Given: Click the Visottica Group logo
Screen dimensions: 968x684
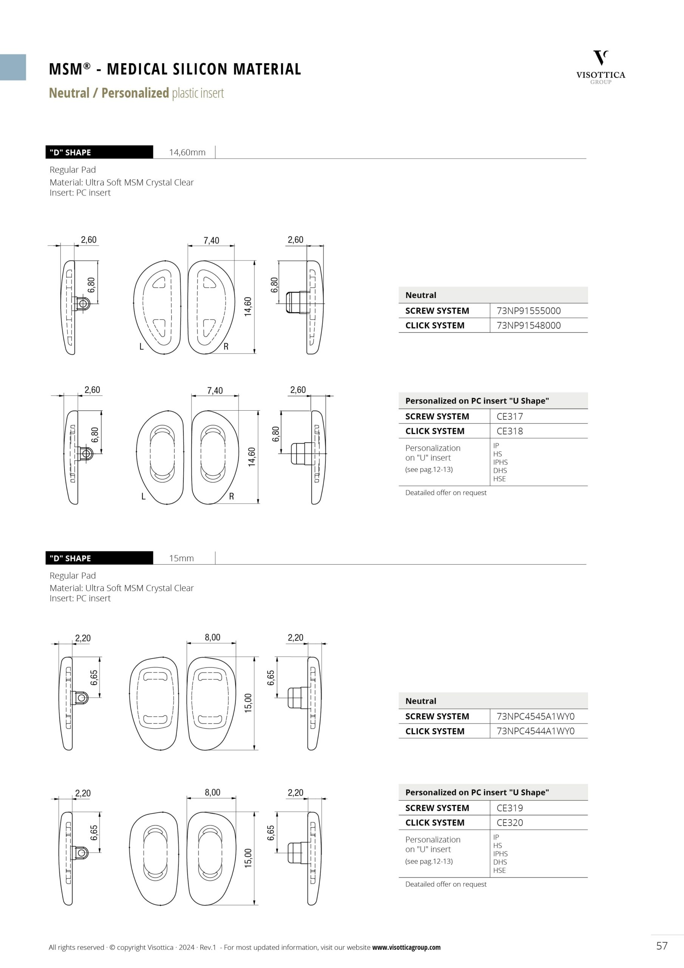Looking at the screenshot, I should tap(600, 67).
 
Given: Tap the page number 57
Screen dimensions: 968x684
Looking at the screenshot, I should tap(662, 946).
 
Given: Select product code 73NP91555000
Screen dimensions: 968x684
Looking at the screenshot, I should tap(528, 311).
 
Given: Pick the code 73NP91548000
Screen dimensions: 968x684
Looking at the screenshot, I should tap(528, 326).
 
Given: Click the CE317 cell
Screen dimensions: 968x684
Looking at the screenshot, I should tap(509, 417).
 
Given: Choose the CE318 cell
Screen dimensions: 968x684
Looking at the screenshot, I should tap(509, 431).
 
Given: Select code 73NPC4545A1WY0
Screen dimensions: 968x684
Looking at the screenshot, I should tap(535, 716).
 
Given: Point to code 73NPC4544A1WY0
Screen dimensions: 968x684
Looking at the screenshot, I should tap(535, 731).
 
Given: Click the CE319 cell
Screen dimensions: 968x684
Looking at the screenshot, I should tap(509, 808).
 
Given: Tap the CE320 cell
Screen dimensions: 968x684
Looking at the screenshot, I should tap(509, 823).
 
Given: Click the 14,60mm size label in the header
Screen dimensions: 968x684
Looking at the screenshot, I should tap(187, 153).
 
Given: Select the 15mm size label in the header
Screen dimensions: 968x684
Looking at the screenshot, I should tap(181, 558).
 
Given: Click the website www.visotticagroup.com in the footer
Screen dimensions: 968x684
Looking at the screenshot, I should tap(406, 947).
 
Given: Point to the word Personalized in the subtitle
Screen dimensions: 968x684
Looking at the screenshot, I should tap(135, 93).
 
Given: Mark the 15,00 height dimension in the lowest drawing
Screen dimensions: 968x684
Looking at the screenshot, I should tap(248, 858).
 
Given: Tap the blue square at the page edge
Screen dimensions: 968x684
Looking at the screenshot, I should tap(12, 67).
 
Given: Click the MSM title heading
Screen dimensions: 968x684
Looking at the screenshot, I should tap(175, 69).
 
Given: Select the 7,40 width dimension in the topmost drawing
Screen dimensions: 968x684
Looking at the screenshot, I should tap(211, 240).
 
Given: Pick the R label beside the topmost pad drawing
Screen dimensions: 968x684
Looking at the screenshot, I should tap(226, 347).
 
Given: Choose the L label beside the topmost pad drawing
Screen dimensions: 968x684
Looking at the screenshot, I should tap(142, 347).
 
